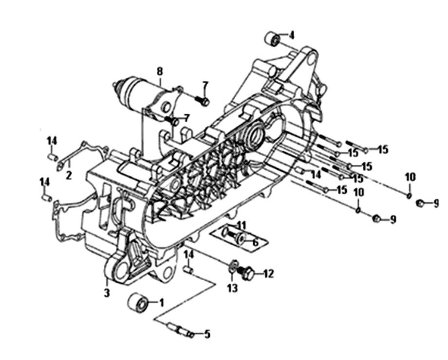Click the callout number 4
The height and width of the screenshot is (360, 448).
point(291,36)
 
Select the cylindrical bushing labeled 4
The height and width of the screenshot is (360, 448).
point(273,39)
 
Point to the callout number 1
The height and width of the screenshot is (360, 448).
point(162,303)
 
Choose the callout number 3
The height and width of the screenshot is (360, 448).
point(107,293)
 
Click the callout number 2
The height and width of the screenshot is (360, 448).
point(69,175)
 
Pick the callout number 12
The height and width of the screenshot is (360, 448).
point(269,274)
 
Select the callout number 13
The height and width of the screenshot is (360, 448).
point(233,288)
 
